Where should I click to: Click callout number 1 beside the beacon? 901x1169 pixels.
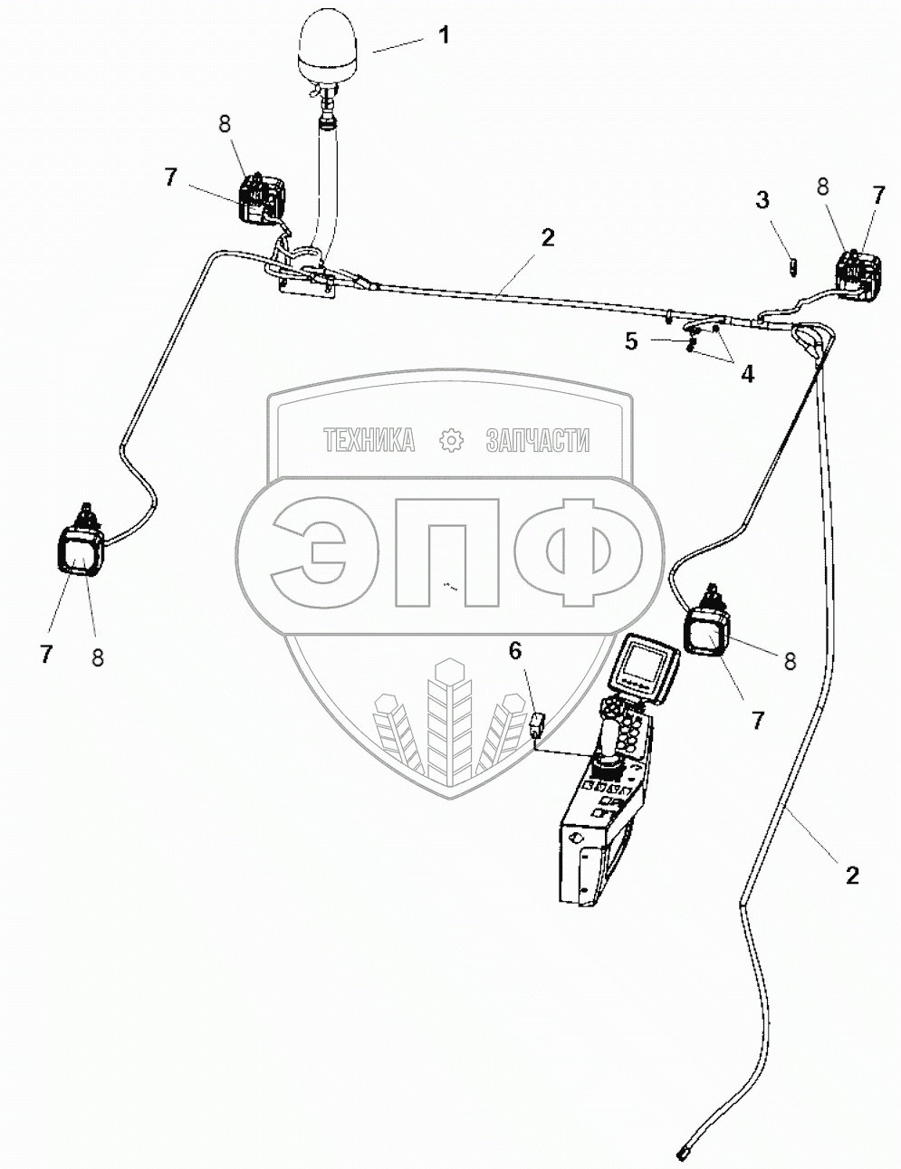click(x=443, y=36)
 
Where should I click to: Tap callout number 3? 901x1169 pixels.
click(x=763, y=199)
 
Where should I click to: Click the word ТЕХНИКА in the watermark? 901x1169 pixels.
click(x=369, y=441)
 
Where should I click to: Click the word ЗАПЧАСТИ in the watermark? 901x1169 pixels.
click(x=537, y=441)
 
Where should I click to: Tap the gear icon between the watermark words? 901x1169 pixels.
click(x=450, y=441)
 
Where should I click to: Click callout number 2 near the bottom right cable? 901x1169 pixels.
click(x=851, y=875)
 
